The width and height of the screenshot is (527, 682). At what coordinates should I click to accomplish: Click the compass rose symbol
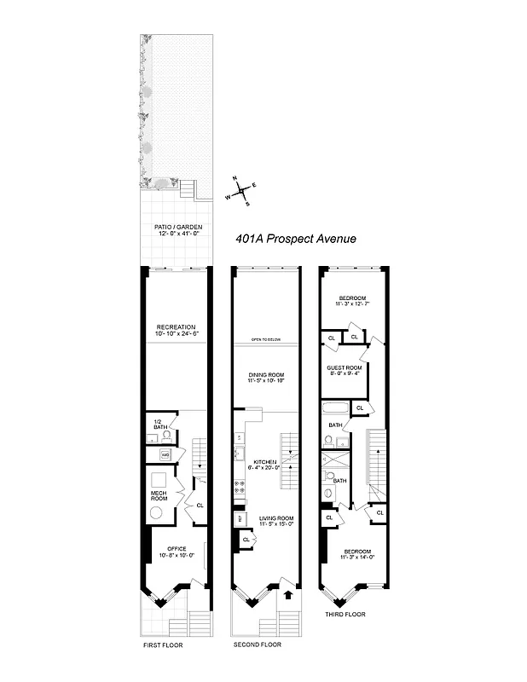(242, 192)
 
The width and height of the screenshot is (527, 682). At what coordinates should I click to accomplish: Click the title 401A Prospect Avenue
(295, 240)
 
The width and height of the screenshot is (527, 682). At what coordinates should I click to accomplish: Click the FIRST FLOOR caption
(163, 645)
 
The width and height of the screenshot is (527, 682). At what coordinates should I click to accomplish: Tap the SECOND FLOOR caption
(257, 644)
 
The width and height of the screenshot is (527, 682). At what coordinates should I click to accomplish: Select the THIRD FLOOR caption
(345, 614)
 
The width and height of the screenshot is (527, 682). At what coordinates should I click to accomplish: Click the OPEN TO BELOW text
(266, 340)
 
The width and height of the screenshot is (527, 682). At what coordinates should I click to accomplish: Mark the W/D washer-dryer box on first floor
(166, 454)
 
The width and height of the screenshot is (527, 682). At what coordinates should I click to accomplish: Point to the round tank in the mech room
(157, 513)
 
